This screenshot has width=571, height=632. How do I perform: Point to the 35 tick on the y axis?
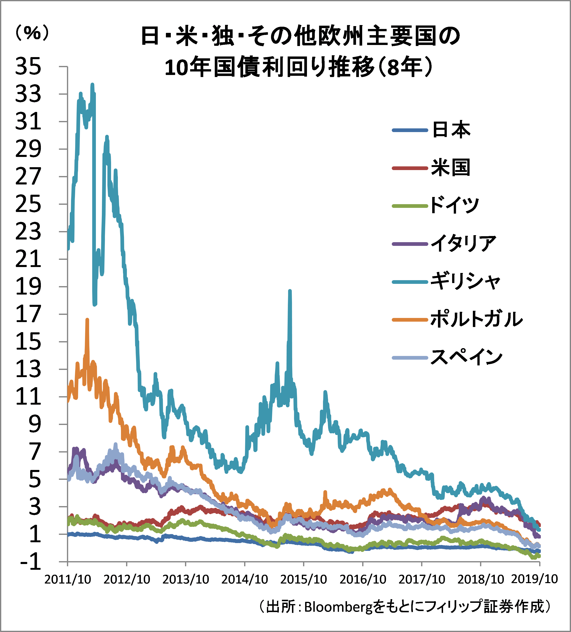tap(28, 67)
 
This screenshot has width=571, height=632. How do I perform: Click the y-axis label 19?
tap(28, 287)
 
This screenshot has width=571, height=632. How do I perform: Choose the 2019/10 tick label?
tap(534, 579)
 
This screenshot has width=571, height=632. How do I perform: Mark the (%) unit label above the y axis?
tap(32, 33)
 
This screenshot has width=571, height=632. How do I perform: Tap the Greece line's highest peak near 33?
tap(92, 85)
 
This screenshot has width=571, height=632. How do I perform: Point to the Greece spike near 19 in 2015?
tap(290, 291)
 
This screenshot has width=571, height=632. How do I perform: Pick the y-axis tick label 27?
tap(28, 176)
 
